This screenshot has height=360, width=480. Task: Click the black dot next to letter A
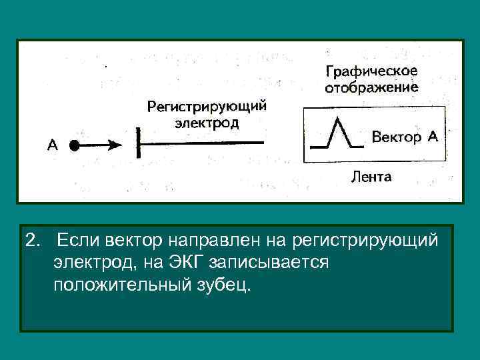(75, 145)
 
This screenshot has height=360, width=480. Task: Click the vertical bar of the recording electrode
(138, 143)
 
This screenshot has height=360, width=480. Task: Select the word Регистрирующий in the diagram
(207, 107)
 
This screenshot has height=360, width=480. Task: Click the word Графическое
(371, 71)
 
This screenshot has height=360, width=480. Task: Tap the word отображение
(371, 87)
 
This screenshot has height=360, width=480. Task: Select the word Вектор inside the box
(396, 138)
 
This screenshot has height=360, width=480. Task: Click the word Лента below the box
(371, 177)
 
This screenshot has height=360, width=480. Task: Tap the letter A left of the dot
(52, 145)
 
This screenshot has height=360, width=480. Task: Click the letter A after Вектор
(432, 137)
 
